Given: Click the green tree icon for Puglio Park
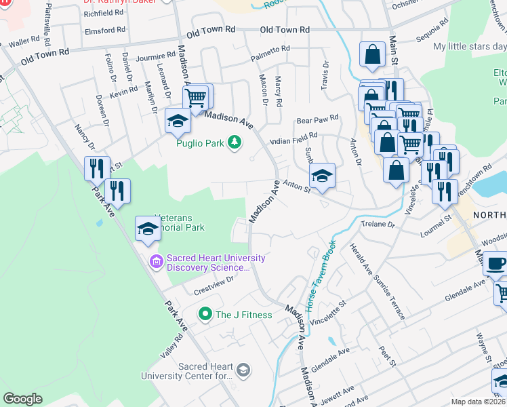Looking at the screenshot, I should click(235, 142).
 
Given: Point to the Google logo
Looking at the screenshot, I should click(22, 399).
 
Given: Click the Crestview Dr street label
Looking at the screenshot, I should click(214, 279).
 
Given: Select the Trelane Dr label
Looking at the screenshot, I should click(378, 224).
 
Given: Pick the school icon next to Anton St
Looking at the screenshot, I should click(323, 176).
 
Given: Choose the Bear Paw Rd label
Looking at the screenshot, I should click(317, 121).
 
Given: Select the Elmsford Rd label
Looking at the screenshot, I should click(105, 31).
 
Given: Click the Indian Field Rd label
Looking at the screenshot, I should click(293, 139).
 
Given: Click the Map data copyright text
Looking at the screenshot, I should click(479, 402).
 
